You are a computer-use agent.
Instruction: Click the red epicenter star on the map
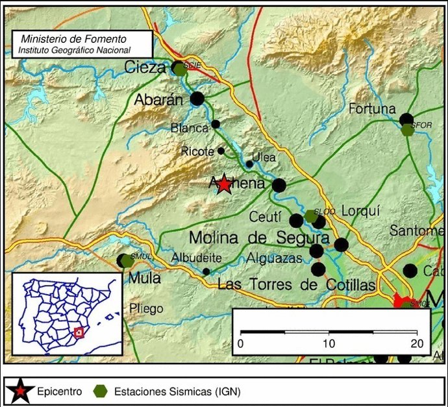(224, 184)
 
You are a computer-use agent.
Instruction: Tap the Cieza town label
(145, 66)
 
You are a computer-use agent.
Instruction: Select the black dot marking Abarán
(197, 99)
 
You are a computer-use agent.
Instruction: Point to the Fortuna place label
(372, 109)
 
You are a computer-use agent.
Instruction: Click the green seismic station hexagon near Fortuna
(407, 130)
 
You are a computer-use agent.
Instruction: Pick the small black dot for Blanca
(216, 124)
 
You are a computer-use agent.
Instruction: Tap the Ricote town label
(198, 151)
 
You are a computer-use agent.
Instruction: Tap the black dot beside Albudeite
(206, 271)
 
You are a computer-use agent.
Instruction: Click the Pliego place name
(146, 308)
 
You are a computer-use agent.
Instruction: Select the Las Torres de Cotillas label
(296, 284)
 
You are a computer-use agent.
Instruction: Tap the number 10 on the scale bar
(329, 343)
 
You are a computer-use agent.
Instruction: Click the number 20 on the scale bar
(416, 343)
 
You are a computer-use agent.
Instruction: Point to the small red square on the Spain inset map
(79, 332)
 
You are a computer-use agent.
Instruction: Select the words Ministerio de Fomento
(73, 39)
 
